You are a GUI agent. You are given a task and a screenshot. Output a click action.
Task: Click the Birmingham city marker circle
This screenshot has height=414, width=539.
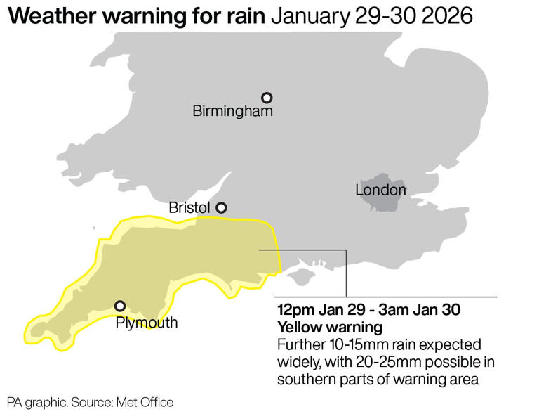(x=267, y=98)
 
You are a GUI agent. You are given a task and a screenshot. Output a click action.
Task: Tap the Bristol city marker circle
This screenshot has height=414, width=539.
(x=221, y=207)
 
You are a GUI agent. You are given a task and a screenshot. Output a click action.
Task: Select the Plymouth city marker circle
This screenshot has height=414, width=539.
(x=120, y=306)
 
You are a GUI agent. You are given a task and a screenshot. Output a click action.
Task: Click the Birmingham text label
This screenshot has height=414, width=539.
(x=232, y=112)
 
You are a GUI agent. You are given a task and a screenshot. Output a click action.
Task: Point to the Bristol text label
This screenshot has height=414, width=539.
(x=189, y=208)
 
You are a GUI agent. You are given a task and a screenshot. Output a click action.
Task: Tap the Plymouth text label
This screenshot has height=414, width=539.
(x=147, y=323)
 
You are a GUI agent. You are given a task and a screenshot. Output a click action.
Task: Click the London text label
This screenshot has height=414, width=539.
(x=380, y=190)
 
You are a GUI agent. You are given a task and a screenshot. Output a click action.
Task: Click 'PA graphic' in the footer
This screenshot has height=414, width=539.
(x=36, y=402)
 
